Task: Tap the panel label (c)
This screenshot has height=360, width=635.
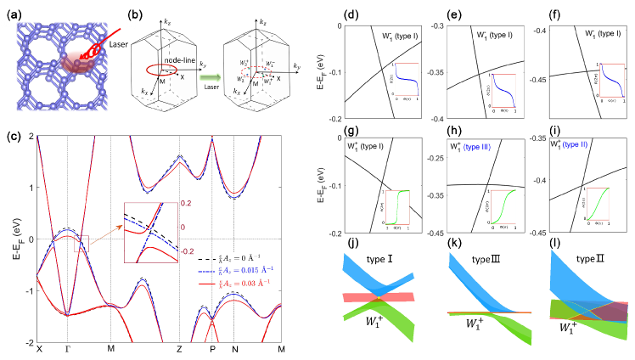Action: tap(12, 129)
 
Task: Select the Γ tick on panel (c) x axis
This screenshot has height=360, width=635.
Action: tap(67, 348)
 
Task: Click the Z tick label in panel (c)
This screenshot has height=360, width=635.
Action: tap(179, 348)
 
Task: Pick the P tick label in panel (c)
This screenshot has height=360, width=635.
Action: tap(206, 348)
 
